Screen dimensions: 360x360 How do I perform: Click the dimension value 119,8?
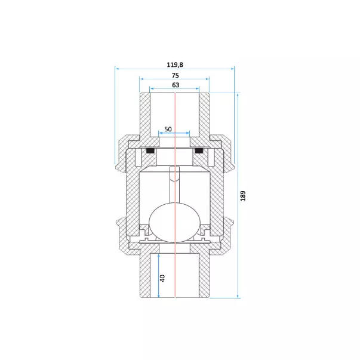[175, 64]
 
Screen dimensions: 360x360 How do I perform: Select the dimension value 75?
[175, 75]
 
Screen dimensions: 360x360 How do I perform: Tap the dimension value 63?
[176, 85]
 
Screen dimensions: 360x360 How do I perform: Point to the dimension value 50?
[168, 129]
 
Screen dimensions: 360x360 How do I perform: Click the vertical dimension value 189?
[243, 196]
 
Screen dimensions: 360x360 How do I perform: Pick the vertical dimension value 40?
[162, 278]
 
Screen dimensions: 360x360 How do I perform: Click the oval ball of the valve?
[175, 223]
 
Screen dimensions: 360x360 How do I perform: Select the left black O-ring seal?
[150, 151]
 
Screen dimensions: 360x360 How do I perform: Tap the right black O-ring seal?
[199, 151]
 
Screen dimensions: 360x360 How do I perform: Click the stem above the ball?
[174, 185]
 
